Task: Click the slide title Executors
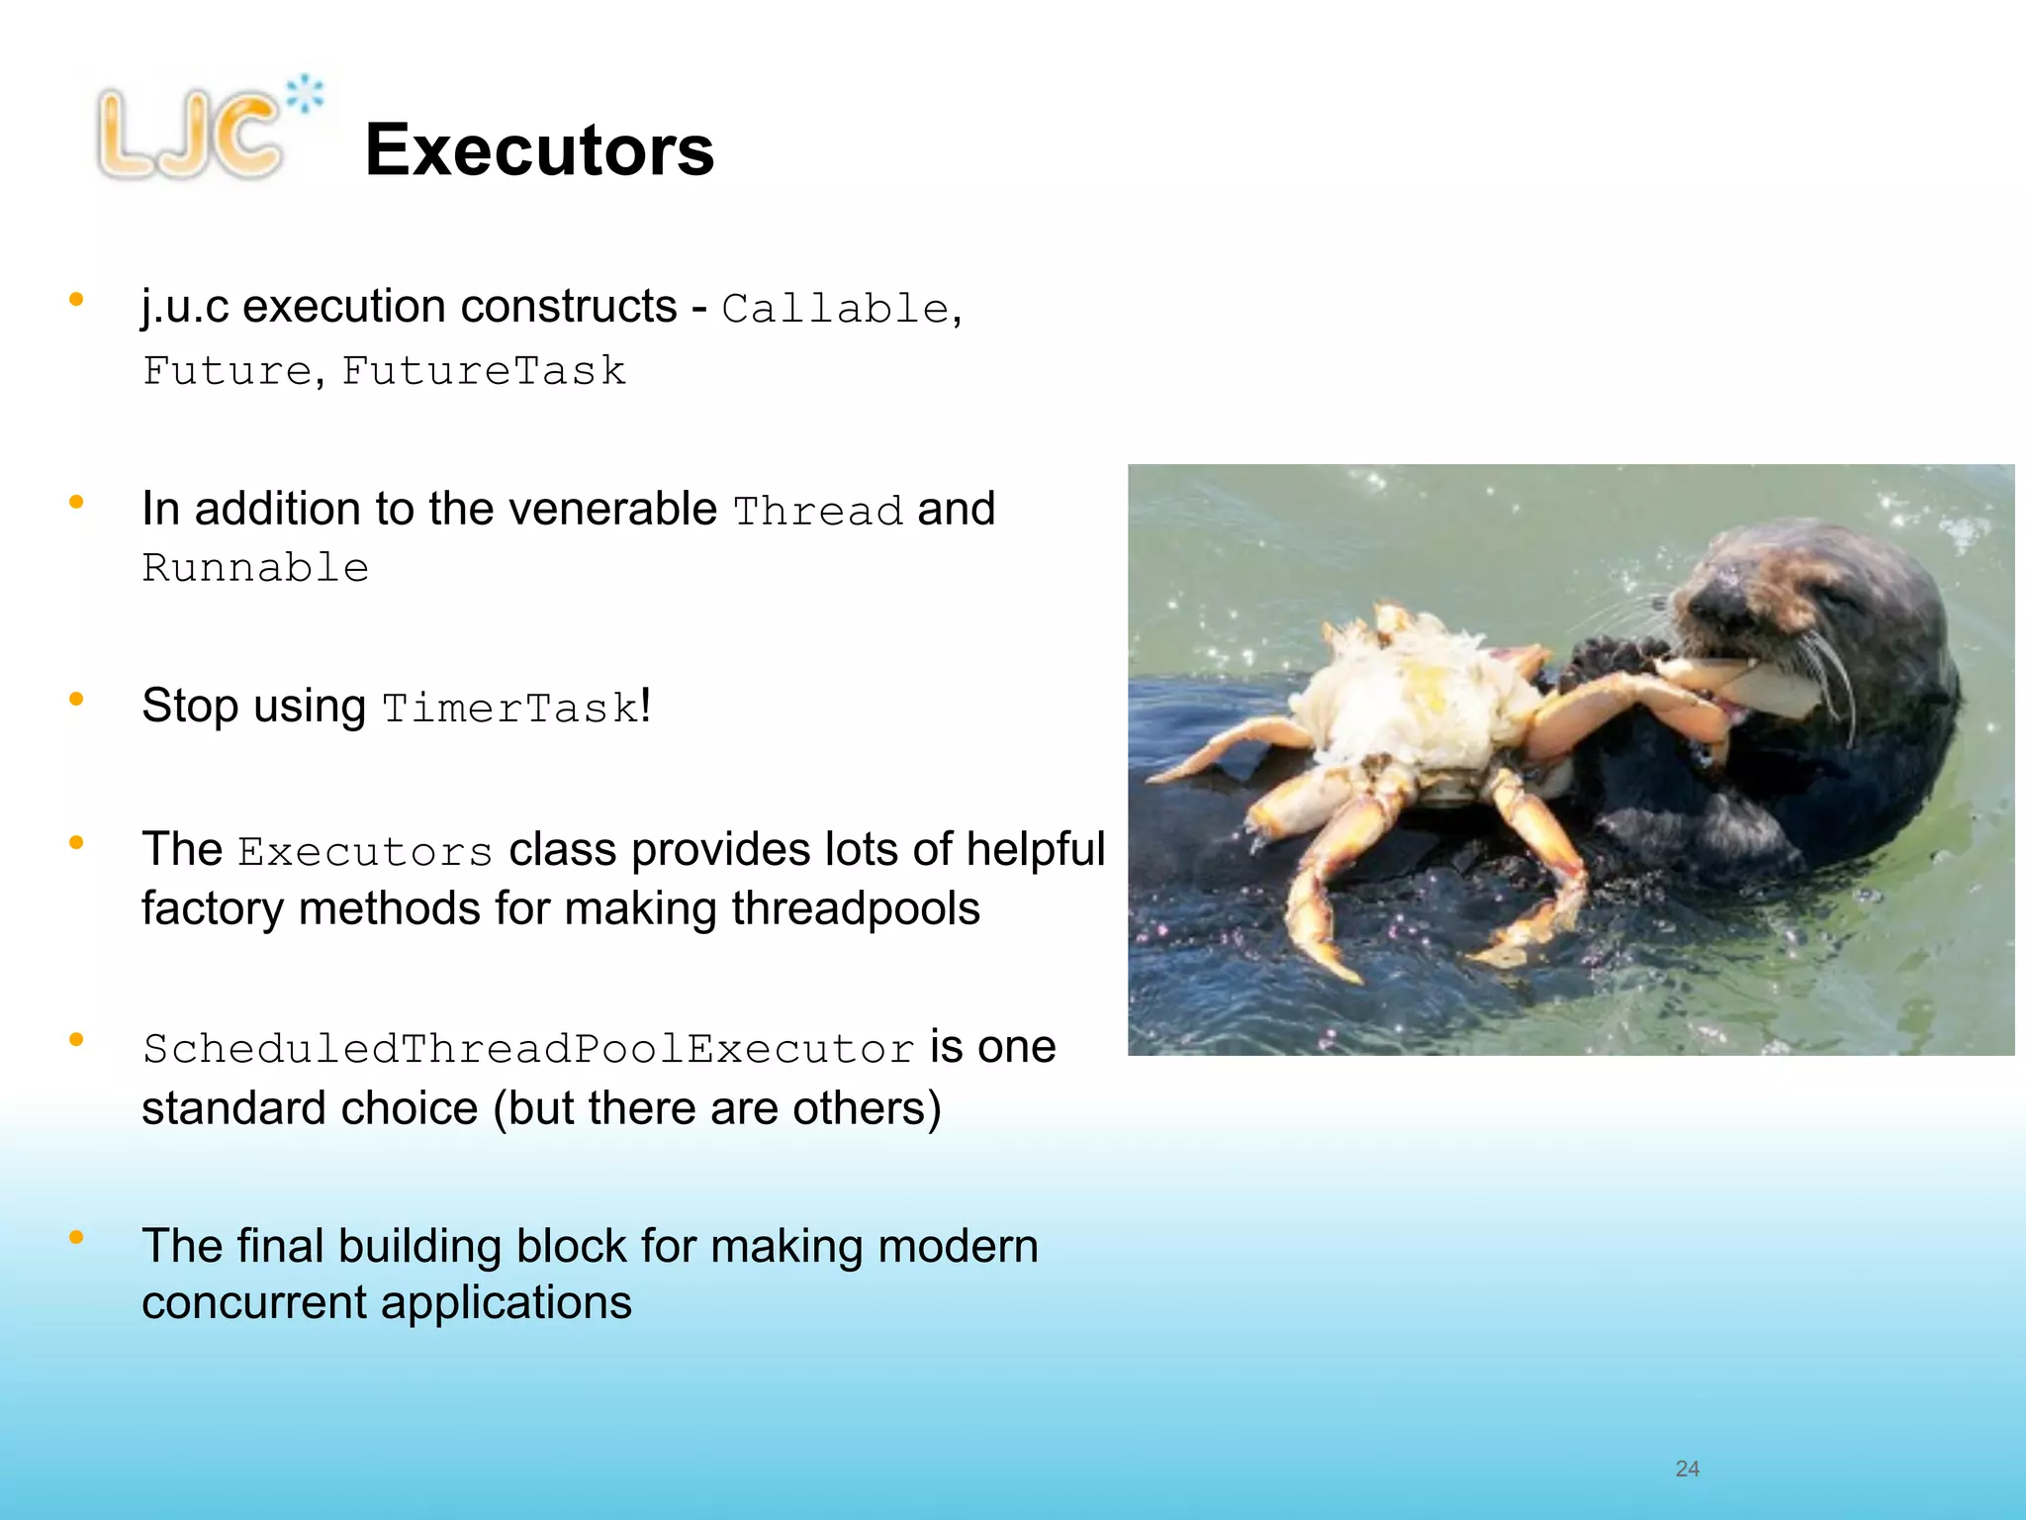click(539, 150)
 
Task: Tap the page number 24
click(1687, 1469)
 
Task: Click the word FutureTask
click(484, 372)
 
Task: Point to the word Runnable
click(255, 568)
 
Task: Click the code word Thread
click(817, 512)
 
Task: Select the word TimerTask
click(510, 709)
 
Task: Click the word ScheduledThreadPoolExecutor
click(528, 1049)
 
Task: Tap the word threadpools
click(856, 908)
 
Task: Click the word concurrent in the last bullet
click(253, 1303)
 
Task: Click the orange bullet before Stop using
click(76, 700)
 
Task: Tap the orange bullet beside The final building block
click(76, 1237)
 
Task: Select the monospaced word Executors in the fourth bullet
click(365, 852)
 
